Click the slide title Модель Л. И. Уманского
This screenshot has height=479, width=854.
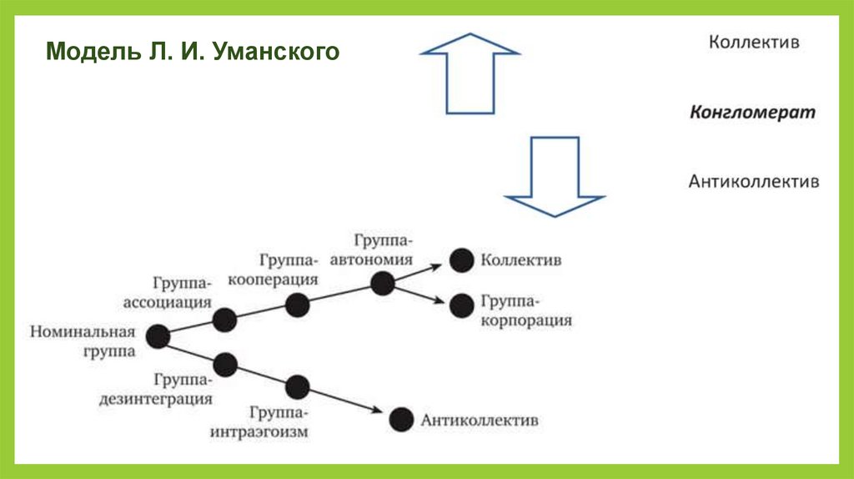[193, 52]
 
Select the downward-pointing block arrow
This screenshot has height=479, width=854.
[554, 176]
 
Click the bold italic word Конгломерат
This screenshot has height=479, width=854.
[752, 113]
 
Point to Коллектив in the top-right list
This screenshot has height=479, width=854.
[755, 41]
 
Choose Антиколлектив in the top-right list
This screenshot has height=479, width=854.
[755, 180]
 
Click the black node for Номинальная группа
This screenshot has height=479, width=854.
[158, 336]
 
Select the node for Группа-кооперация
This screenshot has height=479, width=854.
[298, 305]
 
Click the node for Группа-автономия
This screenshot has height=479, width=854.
[382, 285]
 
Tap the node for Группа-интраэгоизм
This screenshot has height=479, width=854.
[298, 386]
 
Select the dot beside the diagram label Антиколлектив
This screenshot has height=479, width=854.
[401, 419]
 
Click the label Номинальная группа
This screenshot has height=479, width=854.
[83, 340]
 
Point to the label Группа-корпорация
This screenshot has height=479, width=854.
[525, 310]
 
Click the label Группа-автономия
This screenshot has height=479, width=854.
[382, 250]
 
